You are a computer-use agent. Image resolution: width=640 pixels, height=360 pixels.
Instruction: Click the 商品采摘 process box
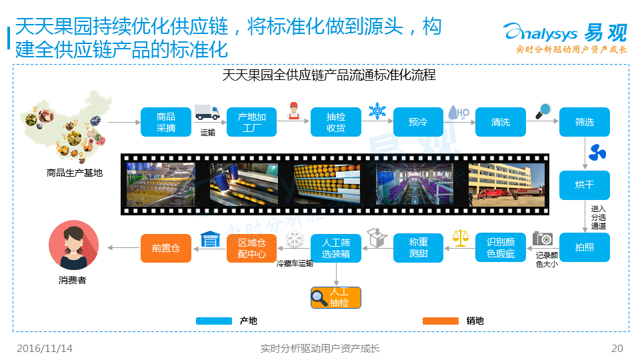pos(165,122)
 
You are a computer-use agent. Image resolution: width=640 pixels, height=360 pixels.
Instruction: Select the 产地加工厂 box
pos(251,122)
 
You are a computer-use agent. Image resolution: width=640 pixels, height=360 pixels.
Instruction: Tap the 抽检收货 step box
pos(335,122)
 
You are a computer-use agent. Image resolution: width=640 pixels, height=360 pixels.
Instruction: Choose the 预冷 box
pos(418,122)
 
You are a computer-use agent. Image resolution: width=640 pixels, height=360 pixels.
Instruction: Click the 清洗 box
pos(500,122)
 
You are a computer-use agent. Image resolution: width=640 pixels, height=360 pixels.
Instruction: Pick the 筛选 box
pos(584,122)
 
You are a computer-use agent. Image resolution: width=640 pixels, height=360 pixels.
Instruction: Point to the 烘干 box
pos(584,185)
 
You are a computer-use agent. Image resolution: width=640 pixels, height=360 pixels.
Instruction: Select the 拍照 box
pos(584,247)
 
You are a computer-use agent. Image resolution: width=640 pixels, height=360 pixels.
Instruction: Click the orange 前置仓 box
pos(165,248)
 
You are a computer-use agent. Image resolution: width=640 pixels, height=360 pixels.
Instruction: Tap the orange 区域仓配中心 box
pos(251,248)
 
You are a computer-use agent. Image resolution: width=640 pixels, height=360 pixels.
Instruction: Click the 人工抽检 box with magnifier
pos(335,297)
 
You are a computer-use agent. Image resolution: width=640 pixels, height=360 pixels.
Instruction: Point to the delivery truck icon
pos(207,113)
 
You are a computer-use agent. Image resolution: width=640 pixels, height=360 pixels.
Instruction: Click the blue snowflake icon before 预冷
pos(377,111)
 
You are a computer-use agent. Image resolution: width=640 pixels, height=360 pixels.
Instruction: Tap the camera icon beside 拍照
pos(543,239)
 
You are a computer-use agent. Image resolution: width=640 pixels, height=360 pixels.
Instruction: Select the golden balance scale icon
pos(460,237)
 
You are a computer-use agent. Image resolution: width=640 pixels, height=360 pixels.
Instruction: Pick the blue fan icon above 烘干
pos(596,154)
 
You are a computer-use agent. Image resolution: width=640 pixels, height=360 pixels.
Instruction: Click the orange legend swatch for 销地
pos(441,321)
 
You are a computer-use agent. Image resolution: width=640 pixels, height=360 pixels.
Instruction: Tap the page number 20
pos(617,349)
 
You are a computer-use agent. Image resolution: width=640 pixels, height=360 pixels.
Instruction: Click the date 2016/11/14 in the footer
pos(45,349)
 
